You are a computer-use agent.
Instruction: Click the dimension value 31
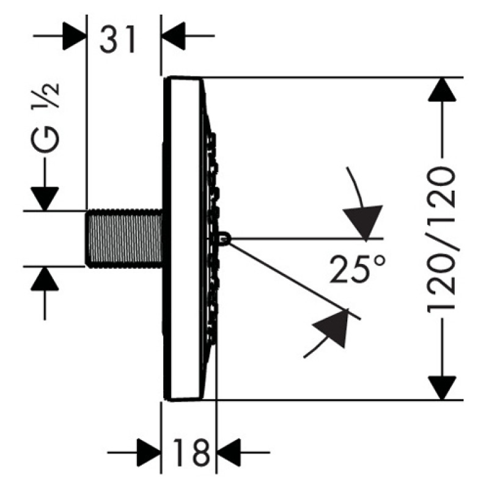point(118,40)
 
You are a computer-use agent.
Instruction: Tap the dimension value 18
point(191,452)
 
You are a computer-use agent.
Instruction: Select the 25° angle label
point(358,269)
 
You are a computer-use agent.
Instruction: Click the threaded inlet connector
point(124,239)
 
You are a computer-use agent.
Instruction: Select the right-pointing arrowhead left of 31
point(74,36)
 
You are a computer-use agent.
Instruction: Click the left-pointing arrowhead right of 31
point(174,36)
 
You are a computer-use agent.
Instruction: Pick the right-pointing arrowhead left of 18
point(149,452)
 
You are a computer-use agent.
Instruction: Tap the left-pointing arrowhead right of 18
point(229,452)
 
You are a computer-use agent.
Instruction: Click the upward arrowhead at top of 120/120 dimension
point(442,89)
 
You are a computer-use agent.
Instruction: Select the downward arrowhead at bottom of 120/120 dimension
point(442,388)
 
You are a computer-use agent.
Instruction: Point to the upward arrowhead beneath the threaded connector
point(45,279)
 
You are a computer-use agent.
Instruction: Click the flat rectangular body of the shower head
point(182,238)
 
